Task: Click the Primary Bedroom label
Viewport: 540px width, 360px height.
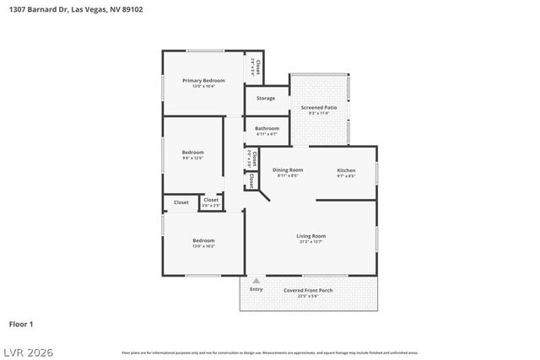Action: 203,80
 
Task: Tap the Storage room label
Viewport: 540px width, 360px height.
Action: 266,99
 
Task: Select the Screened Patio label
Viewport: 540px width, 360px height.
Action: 319,107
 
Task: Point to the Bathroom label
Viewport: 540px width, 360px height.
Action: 267,128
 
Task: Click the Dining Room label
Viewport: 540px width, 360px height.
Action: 288,169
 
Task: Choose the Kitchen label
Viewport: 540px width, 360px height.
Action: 346,169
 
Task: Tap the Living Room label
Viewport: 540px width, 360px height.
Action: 310,236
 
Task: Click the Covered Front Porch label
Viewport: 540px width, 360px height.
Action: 308,290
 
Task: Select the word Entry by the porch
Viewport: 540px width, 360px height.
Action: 256,289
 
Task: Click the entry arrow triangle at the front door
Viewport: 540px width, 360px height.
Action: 256,280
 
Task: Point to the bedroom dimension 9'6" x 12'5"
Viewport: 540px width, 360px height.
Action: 192,158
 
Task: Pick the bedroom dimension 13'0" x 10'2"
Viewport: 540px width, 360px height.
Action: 203,246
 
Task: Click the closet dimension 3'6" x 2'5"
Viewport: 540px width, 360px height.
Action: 211,206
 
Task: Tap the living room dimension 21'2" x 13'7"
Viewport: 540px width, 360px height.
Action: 310,242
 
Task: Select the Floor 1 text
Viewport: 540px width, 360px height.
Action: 21,324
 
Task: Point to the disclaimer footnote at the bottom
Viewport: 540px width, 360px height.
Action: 270,352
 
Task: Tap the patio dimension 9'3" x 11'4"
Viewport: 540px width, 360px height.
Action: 319,113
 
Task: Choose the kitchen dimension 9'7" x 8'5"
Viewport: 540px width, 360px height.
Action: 346,175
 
